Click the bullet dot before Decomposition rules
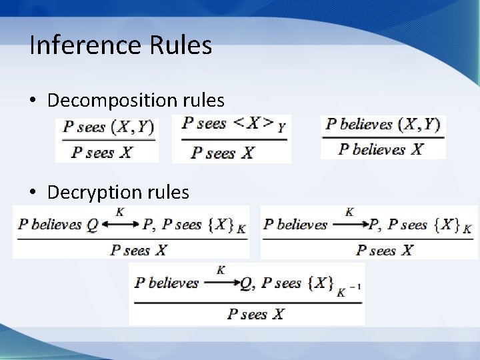pos(33,101)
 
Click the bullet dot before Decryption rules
pos(33,193)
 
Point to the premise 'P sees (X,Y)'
pos(107,127)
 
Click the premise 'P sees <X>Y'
pos(231,125)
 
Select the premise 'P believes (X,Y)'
pos(383,125)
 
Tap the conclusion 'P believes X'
pos(380,149)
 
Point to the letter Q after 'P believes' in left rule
pos(92,225)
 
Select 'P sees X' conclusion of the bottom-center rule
pos(255,313)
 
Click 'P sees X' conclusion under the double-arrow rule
pos(139,251)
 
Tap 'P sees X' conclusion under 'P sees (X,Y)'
pos(102,152)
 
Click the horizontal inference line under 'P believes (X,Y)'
pos(383,138)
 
